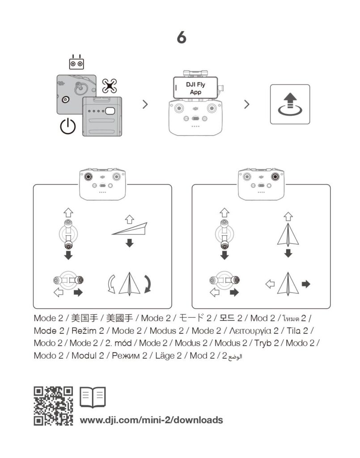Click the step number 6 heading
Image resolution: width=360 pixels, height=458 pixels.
181,38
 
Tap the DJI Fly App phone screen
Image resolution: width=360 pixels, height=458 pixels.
195,88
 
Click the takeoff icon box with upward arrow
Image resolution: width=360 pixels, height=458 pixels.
290,104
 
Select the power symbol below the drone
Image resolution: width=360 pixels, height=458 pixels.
68,126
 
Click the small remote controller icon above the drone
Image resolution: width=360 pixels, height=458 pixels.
76,62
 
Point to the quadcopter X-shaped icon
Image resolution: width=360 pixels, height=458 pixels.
109,86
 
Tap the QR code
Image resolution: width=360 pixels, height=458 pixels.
53,406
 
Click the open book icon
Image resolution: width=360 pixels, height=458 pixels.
93,397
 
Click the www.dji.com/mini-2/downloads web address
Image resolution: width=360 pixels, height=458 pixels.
151,420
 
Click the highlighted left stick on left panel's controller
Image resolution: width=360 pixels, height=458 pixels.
88,176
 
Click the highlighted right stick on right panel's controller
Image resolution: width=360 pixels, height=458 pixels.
275,176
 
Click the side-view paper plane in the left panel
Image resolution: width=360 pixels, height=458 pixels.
130,229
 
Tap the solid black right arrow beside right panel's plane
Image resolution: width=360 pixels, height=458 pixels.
306,284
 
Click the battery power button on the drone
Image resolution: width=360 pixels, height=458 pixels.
110,111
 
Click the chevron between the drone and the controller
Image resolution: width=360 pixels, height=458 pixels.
145,104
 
